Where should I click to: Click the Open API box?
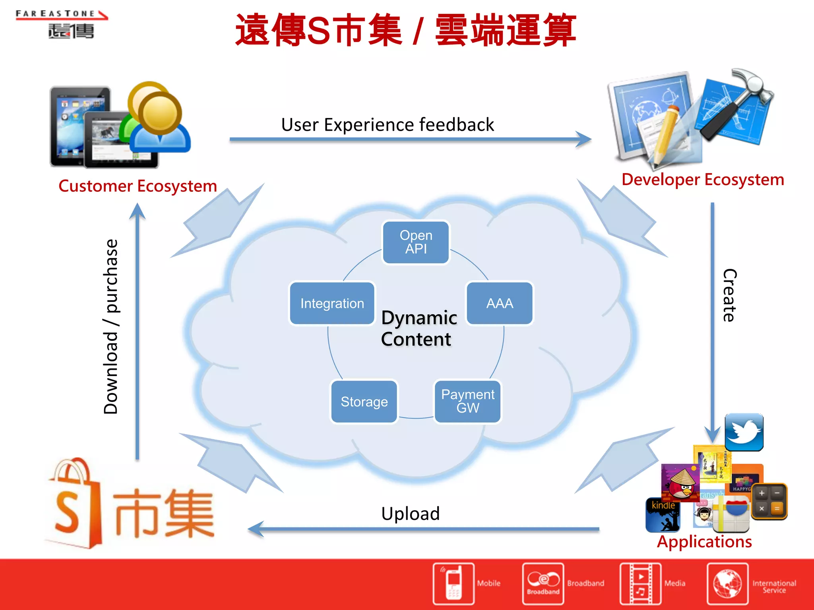click(416, 242)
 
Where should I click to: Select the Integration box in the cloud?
click(332, 303)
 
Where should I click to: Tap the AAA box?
click(500, 303)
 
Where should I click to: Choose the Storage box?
click(364, 402)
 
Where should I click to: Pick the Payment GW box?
click(468, 402)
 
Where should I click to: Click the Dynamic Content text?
click(418, 328)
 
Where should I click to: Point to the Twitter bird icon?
click(744, 432)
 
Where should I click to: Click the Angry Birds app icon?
click(680, 483)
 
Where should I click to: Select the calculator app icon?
click(769, 501)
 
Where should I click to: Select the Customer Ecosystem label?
click(138, 186)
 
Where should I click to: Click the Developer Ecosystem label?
click(703, 180)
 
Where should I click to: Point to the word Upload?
click(410, 513)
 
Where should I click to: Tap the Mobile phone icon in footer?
click(454, 583)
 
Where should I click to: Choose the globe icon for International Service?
click(727, 583)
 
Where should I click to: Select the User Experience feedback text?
click(388, 125)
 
